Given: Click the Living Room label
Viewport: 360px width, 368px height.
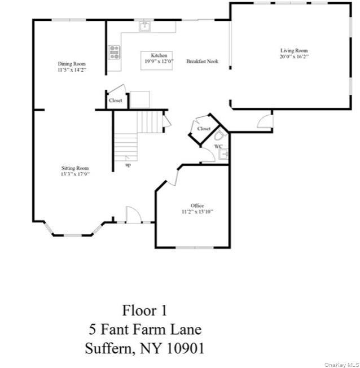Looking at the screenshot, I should (x=293, y=50).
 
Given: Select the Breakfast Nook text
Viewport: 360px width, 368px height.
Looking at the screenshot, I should (x=203, y=62).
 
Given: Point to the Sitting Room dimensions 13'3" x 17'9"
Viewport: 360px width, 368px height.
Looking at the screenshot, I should (x=75, y=174).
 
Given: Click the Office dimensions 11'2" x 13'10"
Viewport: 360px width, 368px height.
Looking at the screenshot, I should (x=197, y=212).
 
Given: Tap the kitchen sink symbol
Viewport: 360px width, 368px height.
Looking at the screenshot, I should (x=144, y=25).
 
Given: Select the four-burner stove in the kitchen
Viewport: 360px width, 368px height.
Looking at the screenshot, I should (x=115, y=52).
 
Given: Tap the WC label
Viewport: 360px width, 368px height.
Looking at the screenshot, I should (x=218, y=146).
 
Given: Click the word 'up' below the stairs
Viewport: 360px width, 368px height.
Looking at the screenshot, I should (x=128, y=165).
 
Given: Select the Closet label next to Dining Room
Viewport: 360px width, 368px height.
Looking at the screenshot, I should (x=115, y=100).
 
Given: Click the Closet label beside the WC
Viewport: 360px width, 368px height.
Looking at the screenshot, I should (x=204, y=129).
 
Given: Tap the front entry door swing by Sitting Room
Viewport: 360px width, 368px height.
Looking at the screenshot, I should (x=133, y=214).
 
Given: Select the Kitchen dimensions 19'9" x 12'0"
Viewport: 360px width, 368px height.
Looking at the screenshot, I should (x=159, y=61).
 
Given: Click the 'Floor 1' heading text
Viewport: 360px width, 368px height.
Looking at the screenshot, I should (x=144, y=310).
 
